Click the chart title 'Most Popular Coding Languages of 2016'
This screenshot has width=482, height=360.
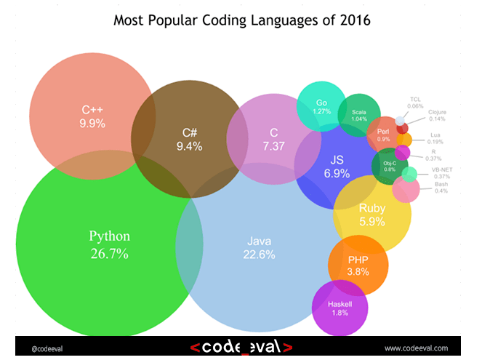(241, 20)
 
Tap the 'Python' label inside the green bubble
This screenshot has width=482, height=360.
(109, 236)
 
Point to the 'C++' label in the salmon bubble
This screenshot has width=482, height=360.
(92, 111)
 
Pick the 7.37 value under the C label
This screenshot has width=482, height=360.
(273, 146)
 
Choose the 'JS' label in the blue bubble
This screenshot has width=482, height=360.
(337, 159)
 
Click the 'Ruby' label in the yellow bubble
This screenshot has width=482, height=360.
(371, 209)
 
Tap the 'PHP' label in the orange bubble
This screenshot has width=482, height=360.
(358, 260)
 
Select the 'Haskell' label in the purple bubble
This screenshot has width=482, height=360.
(340, 303)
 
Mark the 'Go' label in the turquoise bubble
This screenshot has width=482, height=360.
(321, 103)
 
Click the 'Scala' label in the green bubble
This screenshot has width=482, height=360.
(358, 113)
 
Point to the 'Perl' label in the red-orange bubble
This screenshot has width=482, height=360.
(383, 131)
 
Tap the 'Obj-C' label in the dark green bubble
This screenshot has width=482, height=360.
(390, 162)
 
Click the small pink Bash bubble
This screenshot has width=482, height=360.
(405, 190)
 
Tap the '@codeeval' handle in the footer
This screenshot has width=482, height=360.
(48, 348)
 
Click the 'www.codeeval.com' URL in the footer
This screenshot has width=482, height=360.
(415, 348)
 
